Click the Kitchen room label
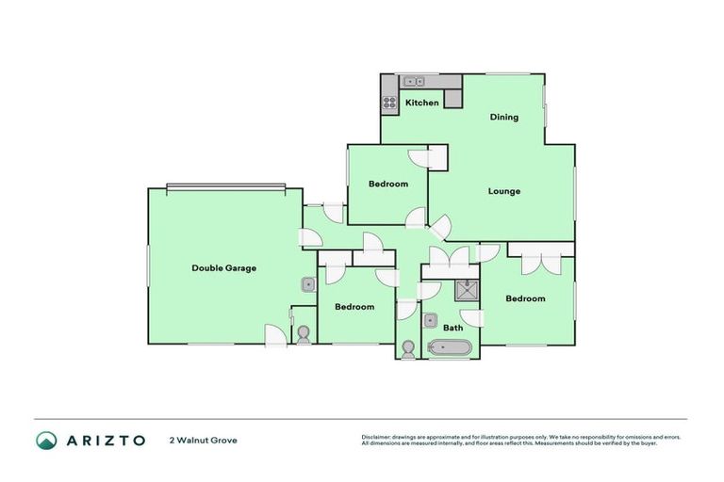pyautogui.click(x=421, y=102)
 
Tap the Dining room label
pyautogui.click(x=504, y=118)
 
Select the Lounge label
pyautogui.click(x=503, y=191)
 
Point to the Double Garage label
pyautogui.click(x=223, y=267)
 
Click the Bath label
pyautogui.click(x=453, y=328)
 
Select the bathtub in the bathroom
pyautogui.click(x=449, y=348)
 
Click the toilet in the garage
pyautogui.click(x=304, y=334)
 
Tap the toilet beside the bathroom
pyautogui.click(x=407, y=349)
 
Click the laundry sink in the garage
pyautogui.click(x=307, y=284)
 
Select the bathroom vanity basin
pyautogui.click(x=429, y=318)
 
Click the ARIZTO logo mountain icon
pyautogui.click(x=47, y=440)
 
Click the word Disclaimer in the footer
pyautogui.click(x=376, y=437)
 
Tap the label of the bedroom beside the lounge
pyautogui.click(x=387, y=184)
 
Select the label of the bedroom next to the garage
pyautogui.click(x=354, y=306)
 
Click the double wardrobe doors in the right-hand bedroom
pyautogui.click(x=540, y=261)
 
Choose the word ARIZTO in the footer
pyautogui.click(x=105, y=440)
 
